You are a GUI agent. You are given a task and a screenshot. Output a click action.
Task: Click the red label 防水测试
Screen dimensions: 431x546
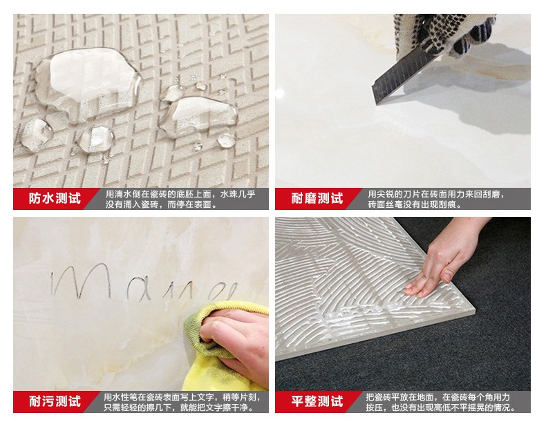click(54, 199)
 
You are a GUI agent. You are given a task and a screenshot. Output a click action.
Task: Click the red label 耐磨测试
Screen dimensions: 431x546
click(316, 199)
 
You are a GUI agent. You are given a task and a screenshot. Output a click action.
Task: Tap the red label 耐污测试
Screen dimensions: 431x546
click(54, 401)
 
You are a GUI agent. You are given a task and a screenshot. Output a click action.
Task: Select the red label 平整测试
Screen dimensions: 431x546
click(316, 401)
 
